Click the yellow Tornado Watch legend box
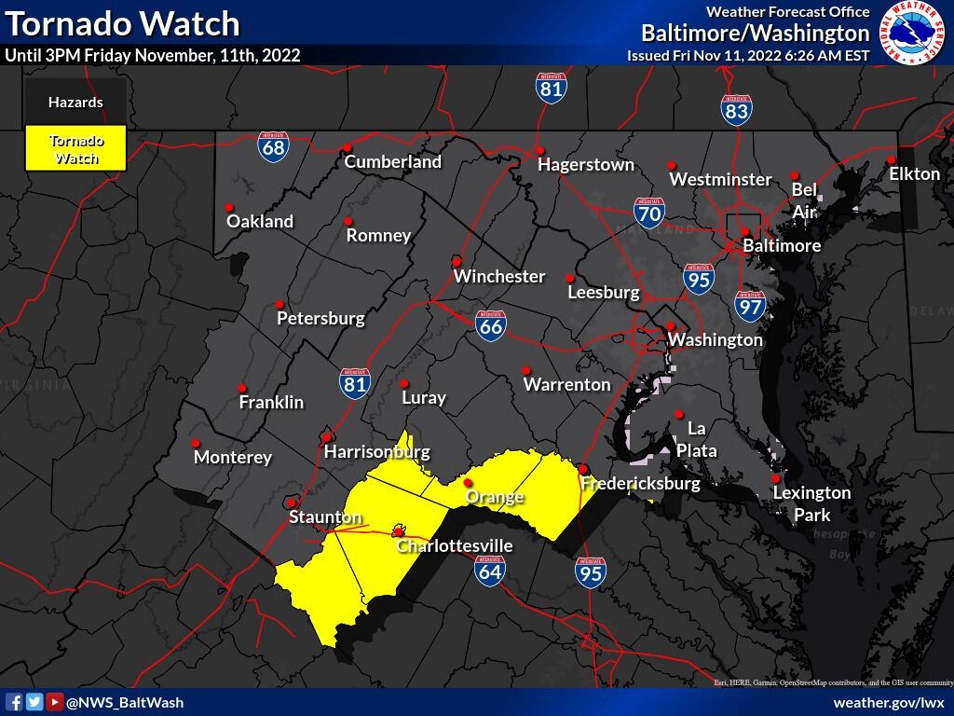coord(75,149)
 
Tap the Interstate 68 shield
coord(273,146)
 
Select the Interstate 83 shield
coord(736,110)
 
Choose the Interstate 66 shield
coord(491,324)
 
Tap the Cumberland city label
coord(392,162)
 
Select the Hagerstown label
coord(586,165)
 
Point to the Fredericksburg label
coord(639,484)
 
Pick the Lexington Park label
coord(811,503)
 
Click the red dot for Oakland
coord(229,207)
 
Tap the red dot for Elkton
coord(891,159)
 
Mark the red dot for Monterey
coord(196,443)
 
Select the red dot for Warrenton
coord(525,370)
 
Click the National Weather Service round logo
coord(913,34)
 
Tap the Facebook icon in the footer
coord(14,702)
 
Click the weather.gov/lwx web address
coord(888,702)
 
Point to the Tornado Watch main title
coord(122,22)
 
